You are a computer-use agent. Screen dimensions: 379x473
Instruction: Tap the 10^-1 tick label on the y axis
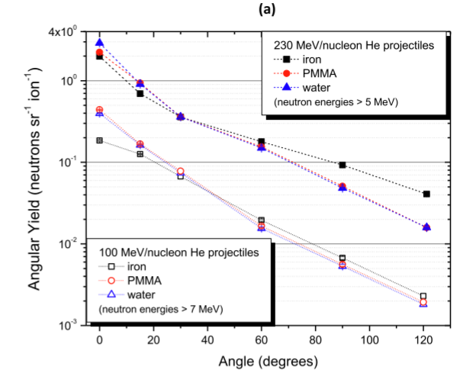tap(76, 162)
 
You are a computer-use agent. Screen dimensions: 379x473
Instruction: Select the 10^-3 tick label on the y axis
tap(76, 325)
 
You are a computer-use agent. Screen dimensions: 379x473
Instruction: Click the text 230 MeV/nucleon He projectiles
tap(349, 45)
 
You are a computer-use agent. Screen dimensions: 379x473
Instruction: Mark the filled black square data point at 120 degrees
tap(426, 194)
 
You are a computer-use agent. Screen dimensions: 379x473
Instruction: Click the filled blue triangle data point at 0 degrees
tap(99, 43)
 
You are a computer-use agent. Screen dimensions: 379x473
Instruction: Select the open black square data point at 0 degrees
tap(99, 140)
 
